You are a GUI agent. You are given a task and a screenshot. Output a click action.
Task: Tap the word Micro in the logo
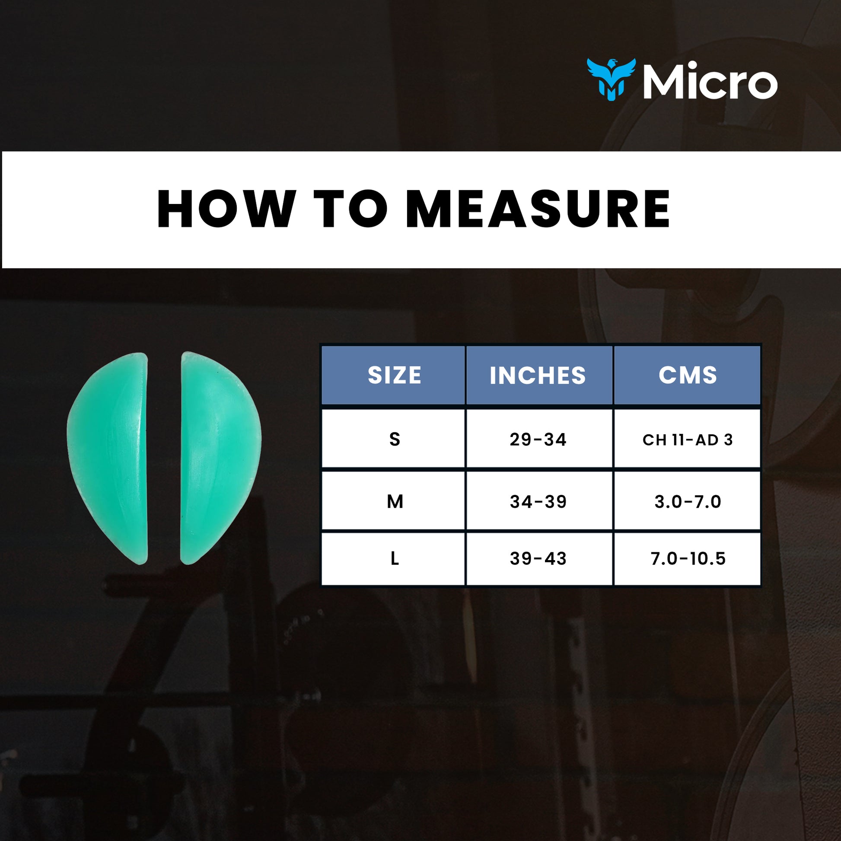coord(710,82)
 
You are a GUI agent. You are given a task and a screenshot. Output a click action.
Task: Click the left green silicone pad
coord(111,457)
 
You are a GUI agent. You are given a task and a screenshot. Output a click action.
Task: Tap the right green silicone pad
coord(218,457)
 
